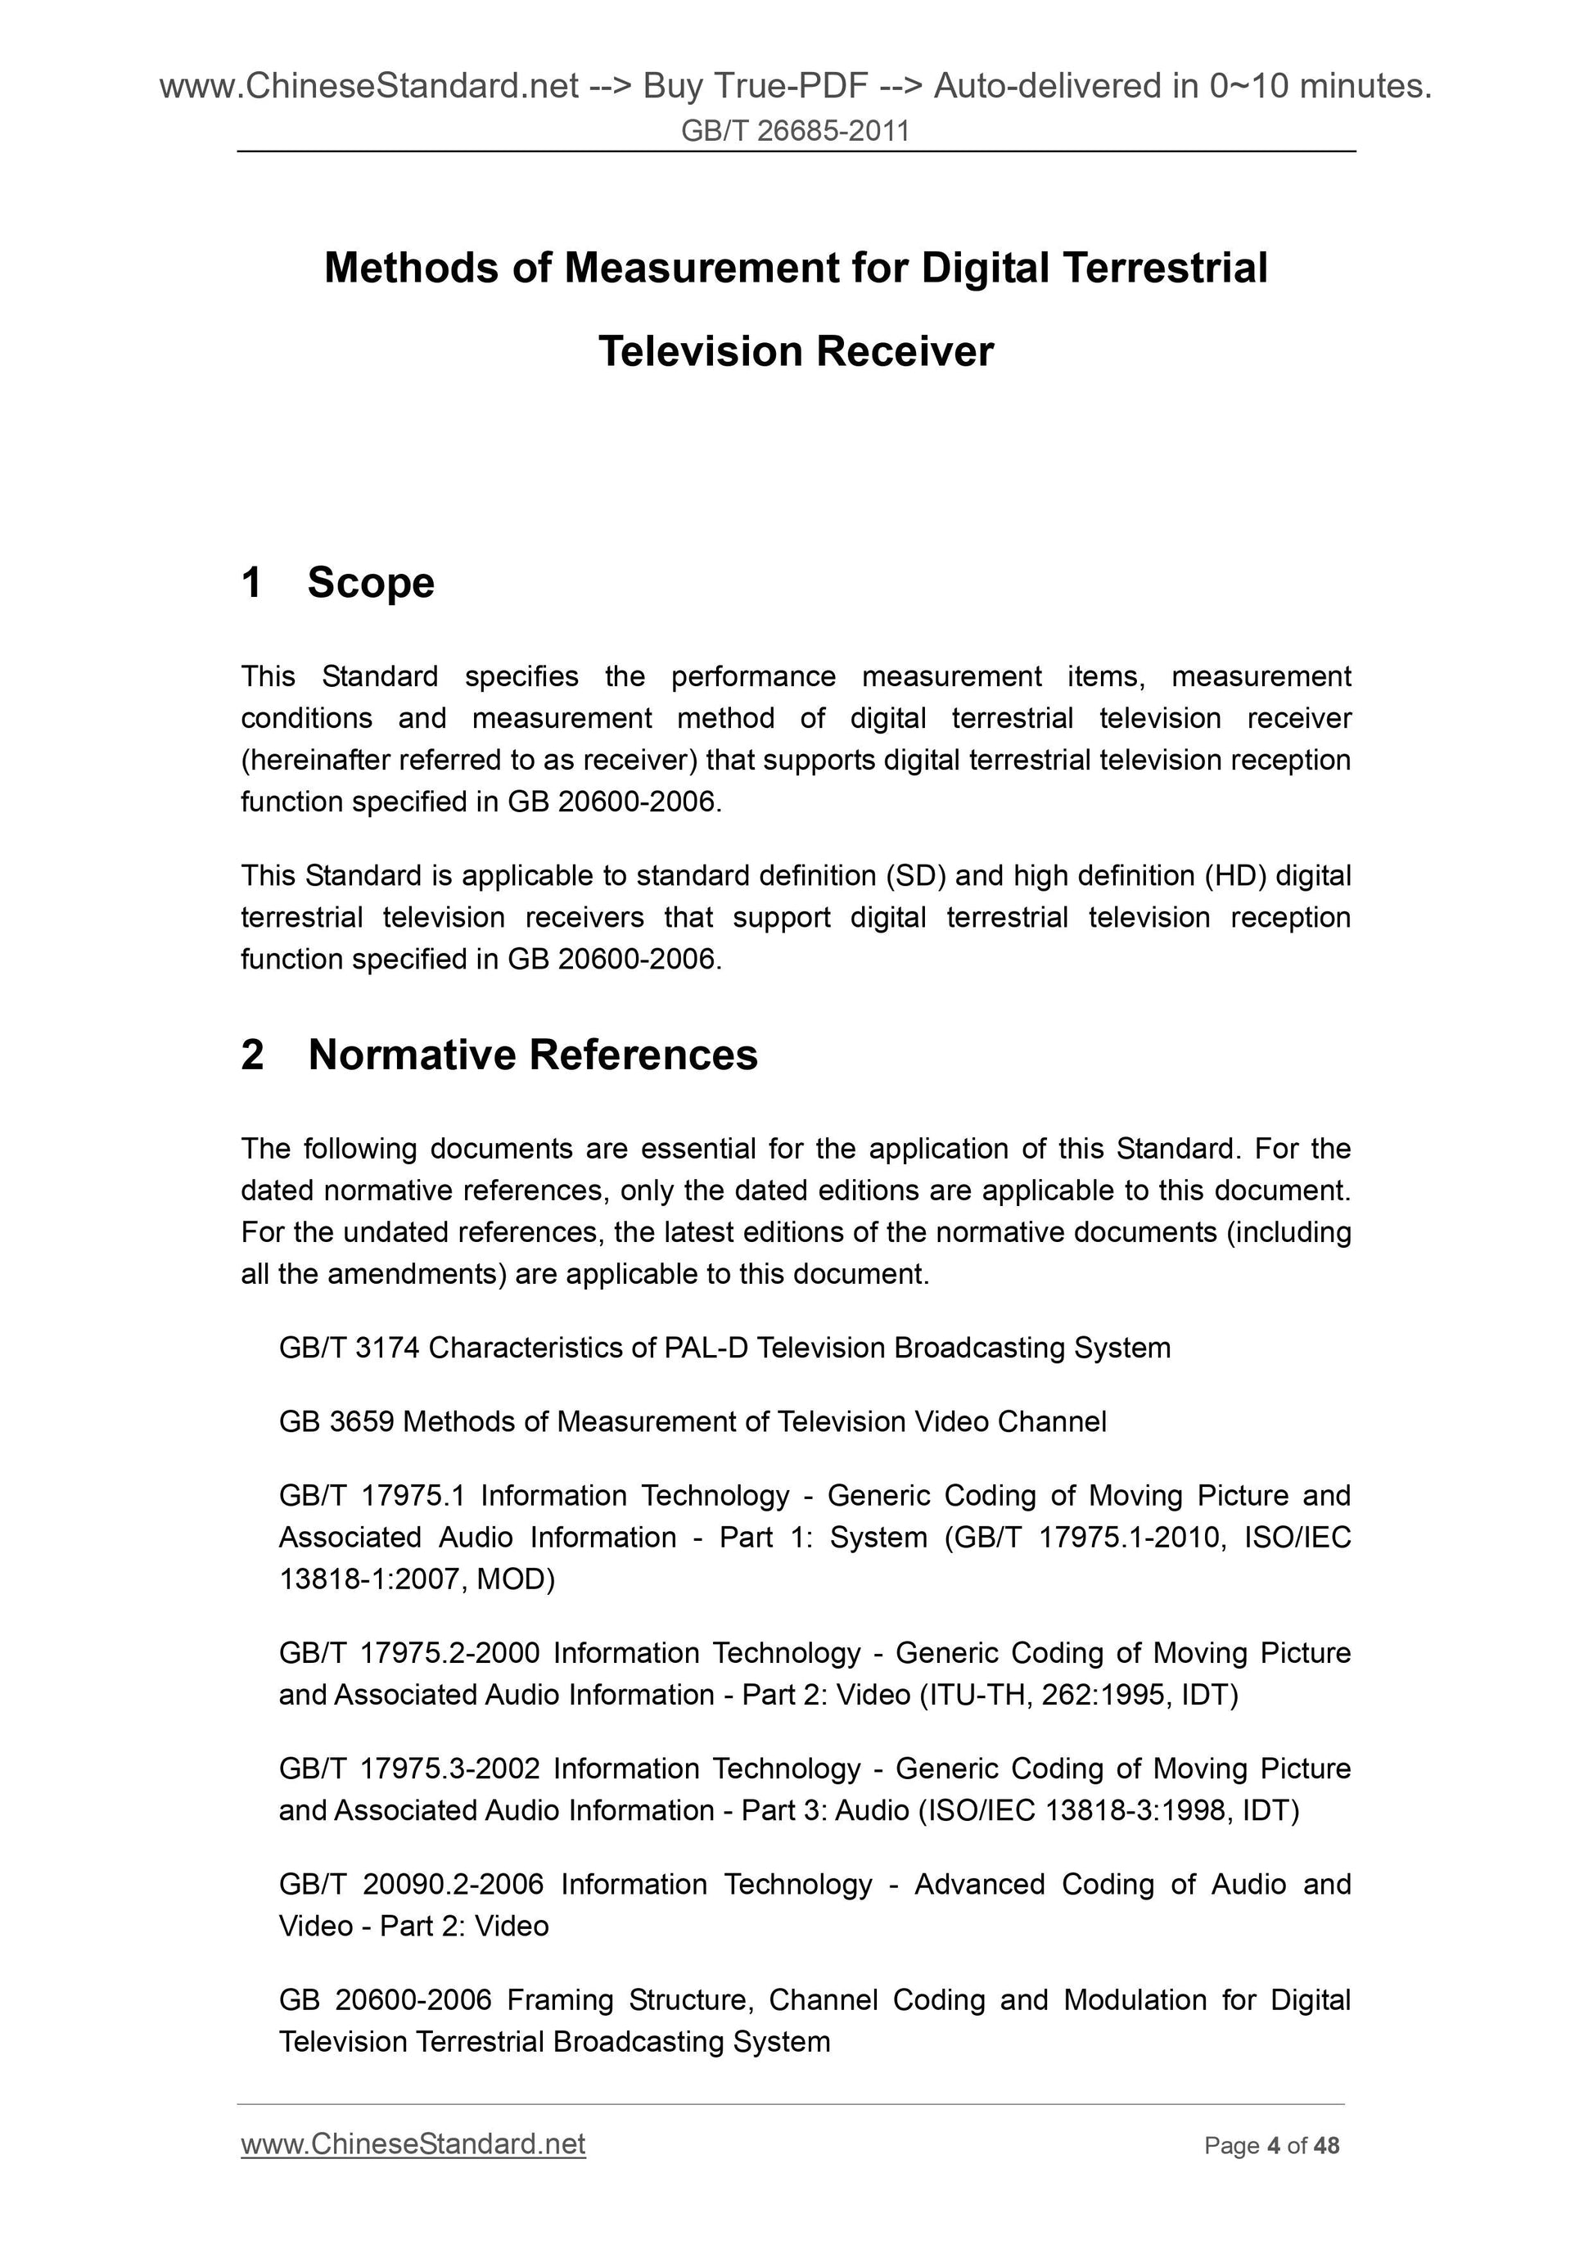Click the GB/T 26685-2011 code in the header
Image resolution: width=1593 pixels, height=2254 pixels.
pos(795,130)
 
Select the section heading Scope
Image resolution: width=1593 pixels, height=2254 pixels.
pos(370,582)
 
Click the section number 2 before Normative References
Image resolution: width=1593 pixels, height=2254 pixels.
pos(252,1055)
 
